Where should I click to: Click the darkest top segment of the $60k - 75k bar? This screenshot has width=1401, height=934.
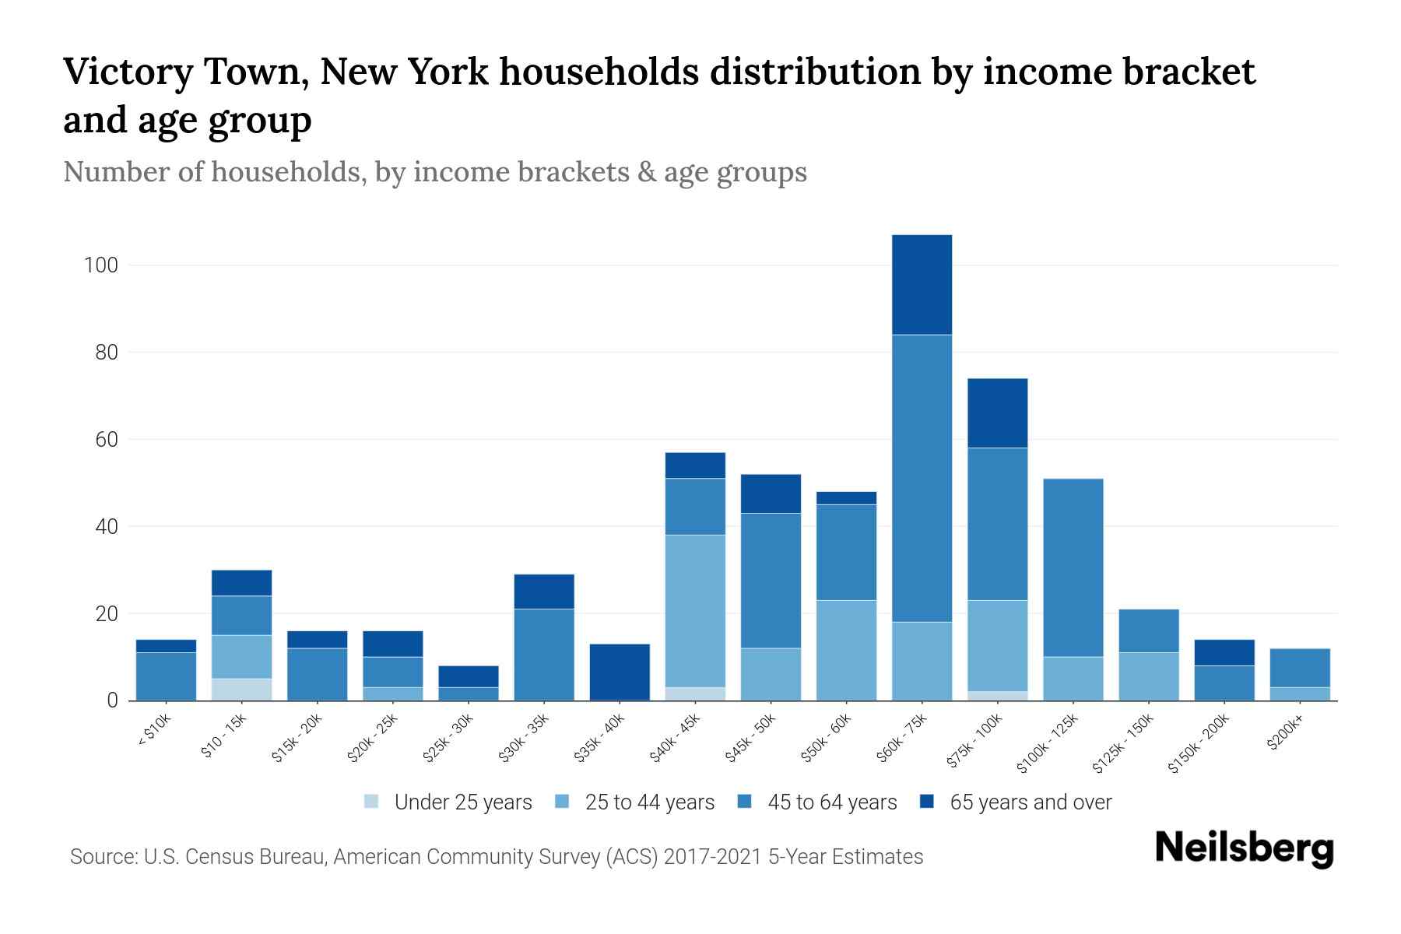click(x=922, y=285)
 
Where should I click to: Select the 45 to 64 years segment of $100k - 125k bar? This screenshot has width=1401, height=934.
click(x=1073, y=567)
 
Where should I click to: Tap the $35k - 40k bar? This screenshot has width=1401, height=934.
click(x=620, y=672)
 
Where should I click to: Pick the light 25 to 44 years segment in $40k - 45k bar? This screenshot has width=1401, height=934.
click(x=695, y=612)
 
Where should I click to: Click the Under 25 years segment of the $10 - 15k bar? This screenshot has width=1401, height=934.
click(x=241, y=690)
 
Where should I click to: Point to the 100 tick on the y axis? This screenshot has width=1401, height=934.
click(x=100, y=265)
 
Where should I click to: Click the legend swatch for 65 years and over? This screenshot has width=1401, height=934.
click(x=927, y=802)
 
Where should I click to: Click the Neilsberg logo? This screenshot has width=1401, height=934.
click(x=1244, y=848)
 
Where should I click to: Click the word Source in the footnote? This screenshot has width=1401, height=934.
click(x=100, y=857)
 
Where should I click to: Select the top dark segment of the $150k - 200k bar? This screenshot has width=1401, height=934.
click(x=1224, y=652)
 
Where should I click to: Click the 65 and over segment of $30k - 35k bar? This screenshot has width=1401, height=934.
click(x=544, y=592)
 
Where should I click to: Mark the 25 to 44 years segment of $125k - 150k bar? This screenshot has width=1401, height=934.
click(x=1148, y=676)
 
